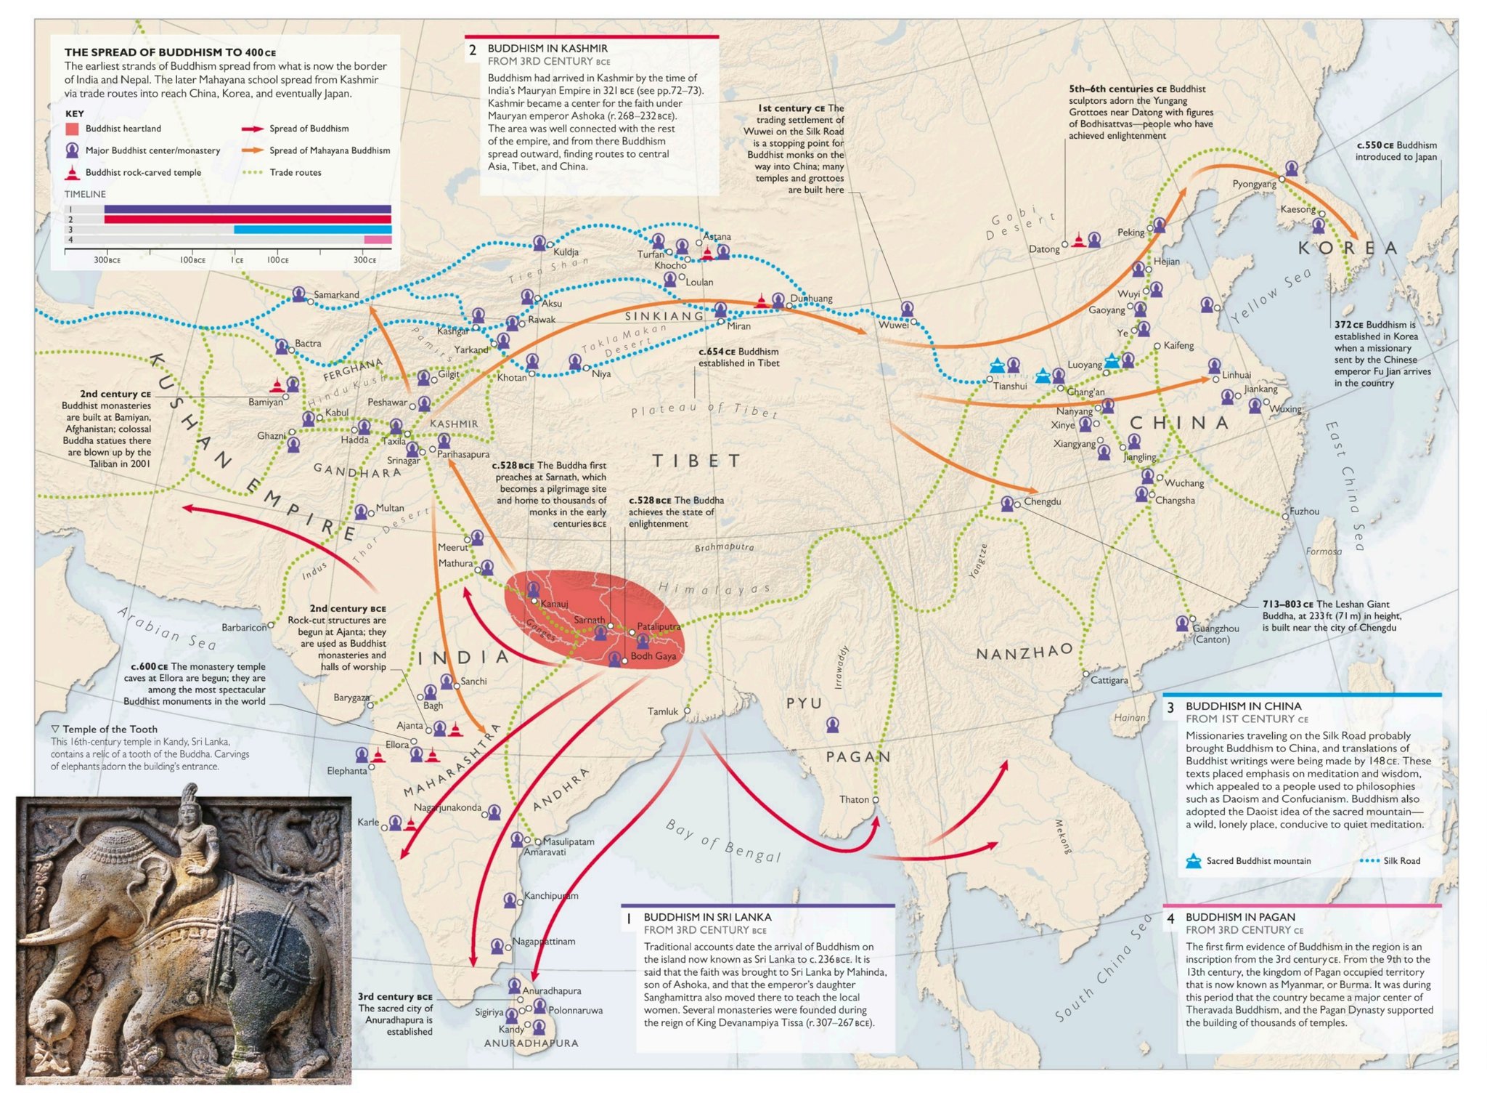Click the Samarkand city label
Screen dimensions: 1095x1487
336,294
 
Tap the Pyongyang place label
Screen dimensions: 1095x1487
1254,184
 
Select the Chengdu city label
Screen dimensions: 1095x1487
1042,501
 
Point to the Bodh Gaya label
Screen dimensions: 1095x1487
653,656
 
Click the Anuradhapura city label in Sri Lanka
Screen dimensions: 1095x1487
552,990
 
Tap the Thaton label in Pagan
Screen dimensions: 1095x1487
854,799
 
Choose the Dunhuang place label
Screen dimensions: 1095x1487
811,299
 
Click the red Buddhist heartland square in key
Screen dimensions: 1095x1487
72,129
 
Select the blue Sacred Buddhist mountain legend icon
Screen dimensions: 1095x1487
1193,861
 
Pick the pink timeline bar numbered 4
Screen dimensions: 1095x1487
378,240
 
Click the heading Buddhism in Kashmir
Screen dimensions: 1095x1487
547,49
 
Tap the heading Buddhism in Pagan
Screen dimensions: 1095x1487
1239,918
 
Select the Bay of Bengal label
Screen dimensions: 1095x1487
723,841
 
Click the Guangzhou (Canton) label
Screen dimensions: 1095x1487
1215,633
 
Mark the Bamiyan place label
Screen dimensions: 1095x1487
265,402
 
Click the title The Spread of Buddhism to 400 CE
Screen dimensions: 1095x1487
170,52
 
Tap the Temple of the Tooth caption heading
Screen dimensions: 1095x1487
109,729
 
